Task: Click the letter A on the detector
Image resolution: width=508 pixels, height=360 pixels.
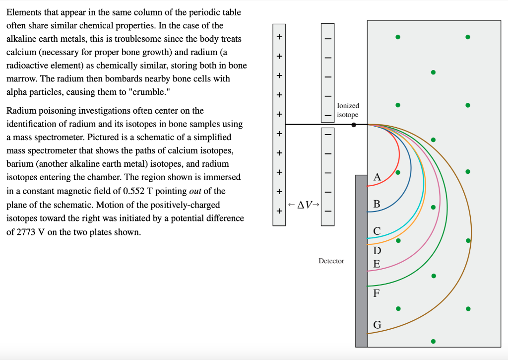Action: [377, 177]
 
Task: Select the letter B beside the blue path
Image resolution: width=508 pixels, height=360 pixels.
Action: [377, 204]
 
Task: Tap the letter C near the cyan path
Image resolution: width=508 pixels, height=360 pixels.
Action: [377, 231]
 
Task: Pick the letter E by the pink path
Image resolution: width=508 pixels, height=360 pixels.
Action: [377, 264]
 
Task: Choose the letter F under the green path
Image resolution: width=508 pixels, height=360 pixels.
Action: [377, 293]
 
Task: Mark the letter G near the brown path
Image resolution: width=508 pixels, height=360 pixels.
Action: [377, 325]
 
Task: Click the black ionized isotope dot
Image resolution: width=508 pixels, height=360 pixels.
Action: [354, 125]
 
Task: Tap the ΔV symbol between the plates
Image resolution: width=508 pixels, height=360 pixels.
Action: [304, 205]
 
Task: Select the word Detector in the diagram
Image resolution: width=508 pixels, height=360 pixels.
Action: [331, 261]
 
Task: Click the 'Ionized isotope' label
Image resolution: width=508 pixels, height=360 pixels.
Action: [347, 110]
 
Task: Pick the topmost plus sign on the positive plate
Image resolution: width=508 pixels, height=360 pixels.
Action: [279, 37]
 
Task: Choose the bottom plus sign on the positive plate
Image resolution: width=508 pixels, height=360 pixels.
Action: [279, 211]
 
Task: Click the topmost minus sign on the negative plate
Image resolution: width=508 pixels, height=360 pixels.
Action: [327, 38]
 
